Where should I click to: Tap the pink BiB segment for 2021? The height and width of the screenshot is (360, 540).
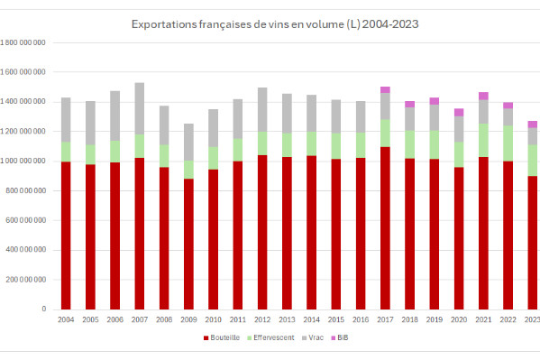coord(483,96)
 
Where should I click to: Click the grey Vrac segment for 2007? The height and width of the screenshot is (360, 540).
coord(139,108)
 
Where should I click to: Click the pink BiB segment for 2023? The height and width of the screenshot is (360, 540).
coord(532,124)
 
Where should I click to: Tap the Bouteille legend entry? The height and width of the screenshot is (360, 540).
coord(224,337)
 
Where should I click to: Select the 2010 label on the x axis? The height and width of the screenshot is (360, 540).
coord(213,319)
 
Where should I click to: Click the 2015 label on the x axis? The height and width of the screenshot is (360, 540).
coord(336,319)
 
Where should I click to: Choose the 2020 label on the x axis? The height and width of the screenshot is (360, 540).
coord(459,319)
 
